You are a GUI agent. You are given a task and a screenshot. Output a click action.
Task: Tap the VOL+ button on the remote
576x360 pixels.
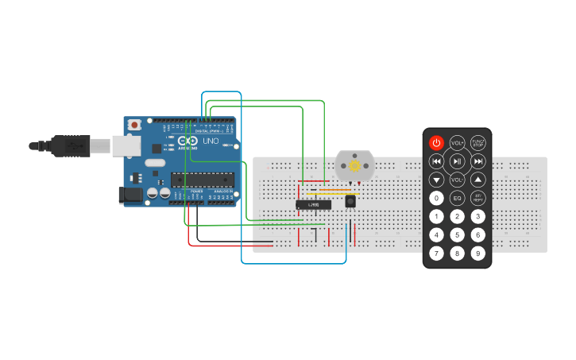[457, 143]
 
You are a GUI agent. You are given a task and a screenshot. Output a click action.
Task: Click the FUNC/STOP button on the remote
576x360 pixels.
[478, 143]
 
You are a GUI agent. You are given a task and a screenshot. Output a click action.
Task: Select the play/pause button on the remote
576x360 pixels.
[457, 161]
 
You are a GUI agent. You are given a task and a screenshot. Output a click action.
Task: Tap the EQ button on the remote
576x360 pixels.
[457, 198]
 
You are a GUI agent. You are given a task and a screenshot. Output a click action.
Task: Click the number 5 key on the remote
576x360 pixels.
[457, 234]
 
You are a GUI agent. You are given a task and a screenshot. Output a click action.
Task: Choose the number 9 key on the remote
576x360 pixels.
[478, 254]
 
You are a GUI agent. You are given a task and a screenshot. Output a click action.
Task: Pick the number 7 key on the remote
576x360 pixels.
[436, 254]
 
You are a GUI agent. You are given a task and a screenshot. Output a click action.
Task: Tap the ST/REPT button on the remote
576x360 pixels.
[478, 198]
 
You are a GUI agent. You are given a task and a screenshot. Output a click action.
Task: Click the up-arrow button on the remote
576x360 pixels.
[478, 180]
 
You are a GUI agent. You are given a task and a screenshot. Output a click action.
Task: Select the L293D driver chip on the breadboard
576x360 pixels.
[313, 205]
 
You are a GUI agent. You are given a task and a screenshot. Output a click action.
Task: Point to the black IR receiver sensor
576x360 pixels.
[350, 202]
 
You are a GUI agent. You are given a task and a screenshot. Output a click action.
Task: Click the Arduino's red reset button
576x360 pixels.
[135, 125]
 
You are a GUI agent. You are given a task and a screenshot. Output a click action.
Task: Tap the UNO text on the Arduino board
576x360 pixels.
[211, 141]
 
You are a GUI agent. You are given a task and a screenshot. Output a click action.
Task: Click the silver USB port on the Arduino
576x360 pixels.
[126, 145]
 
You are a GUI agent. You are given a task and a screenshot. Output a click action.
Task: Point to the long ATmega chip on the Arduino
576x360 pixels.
[203, 180]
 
